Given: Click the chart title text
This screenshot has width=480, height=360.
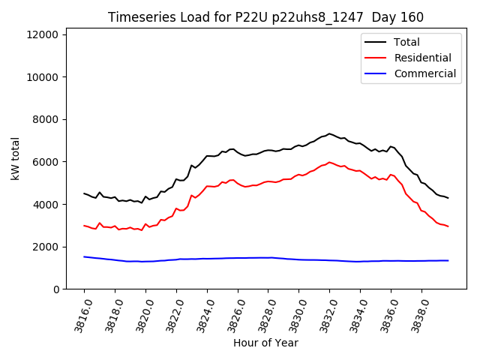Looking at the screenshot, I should [x=265, y=17].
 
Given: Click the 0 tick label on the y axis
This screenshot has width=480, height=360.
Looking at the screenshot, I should [x=55, y=289].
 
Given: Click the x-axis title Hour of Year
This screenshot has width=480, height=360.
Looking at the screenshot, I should [x=265, y=343].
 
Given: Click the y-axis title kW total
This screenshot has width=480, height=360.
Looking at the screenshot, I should [x=16, y=159].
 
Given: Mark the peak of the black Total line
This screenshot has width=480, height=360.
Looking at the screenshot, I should [x=329, y=133].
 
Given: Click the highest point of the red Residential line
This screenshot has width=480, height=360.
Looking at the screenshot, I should [x=329, y=162].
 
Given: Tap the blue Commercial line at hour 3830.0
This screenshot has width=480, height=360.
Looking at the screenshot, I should [x=298, y=259].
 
